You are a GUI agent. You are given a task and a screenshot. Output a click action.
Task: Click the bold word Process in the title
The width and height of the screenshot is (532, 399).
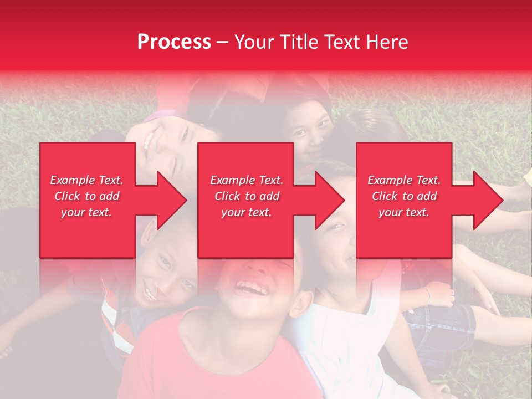click(x=174, y=42)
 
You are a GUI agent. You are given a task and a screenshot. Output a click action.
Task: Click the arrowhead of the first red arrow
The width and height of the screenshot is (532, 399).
click(x=172, y=200)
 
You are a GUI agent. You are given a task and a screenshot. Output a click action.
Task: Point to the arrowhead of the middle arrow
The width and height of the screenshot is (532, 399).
click(x=330, y=200)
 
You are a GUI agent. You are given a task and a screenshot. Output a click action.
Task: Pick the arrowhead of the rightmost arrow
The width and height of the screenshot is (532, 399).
click(x=488, y=200)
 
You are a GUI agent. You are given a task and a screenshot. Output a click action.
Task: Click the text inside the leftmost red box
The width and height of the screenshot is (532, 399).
click(x=87, y=196)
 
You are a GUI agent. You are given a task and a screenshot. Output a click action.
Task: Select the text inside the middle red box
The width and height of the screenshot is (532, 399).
click(x=246, y=196)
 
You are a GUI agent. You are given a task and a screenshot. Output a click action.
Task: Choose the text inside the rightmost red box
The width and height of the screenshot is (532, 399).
click(x=404, y=196)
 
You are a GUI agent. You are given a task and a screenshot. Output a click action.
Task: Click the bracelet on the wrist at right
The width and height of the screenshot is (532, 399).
click(x=427, y=295)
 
